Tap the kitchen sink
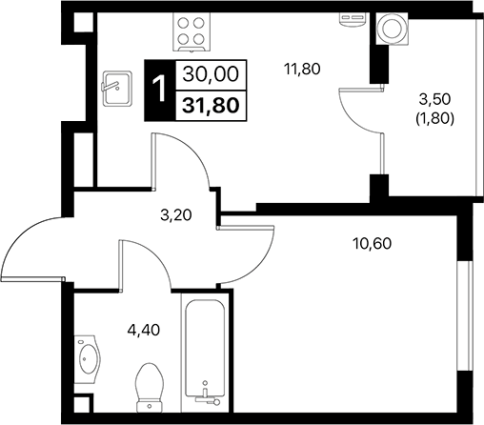pos(114,87)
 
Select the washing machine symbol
pos(391,30)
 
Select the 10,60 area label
pos(373,242)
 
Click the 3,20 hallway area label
pos(176,214)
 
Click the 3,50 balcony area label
pos(436,97)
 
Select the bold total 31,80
pos(211,102)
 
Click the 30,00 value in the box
pos(211,73)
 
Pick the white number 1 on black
pos(159,88)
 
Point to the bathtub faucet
pos(204,392)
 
